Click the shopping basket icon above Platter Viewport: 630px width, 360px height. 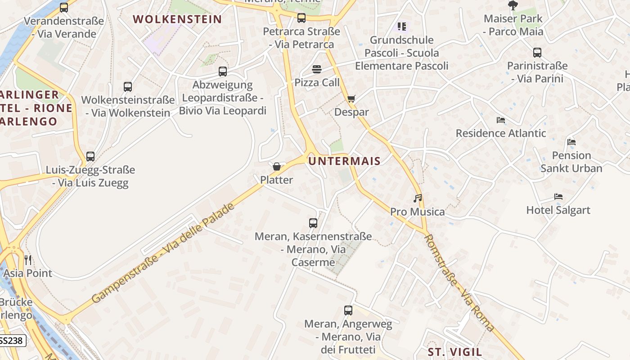click(x=277, y=166)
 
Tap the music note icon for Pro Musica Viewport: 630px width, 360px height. click(x=418, y=198)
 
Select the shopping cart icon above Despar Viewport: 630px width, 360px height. click(x=351, y=99)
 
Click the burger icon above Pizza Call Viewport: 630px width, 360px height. click(x=317, y=69)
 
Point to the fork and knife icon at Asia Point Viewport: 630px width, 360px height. click(x=28, y=260)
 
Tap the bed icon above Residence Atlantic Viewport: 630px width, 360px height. click(x=501, y=120)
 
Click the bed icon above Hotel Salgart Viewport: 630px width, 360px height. click(x=558, y=197)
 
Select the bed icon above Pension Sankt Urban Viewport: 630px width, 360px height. click(x=571, y=142)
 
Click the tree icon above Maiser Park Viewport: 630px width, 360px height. click(x=513, y=5)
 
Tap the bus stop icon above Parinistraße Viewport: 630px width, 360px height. click(x=537, y=52)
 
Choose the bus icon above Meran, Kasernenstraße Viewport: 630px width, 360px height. click(x=313, y=223)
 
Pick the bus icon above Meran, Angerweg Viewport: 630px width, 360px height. click(x=348, y=310)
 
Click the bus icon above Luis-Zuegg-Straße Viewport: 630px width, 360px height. click(x=90, y=156)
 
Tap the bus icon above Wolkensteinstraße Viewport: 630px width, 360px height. click(x=128, y=86)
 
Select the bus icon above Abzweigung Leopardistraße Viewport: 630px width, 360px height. click(x=223, y=71)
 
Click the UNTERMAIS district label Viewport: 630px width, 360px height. click(x=345, y=161)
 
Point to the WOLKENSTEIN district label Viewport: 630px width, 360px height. click(x=178, y=19)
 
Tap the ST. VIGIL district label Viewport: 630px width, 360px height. click(x=454, y=352)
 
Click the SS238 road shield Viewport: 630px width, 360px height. click(x=11, y=341)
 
